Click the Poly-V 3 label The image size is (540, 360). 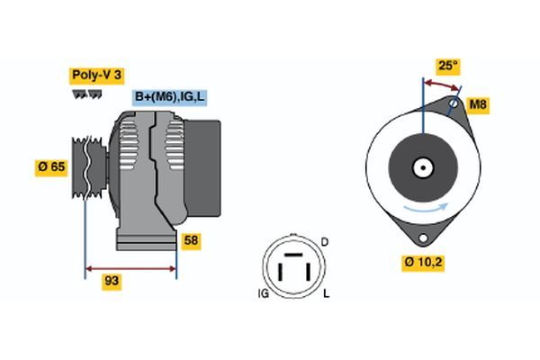(94, 76)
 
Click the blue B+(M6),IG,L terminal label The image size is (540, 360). (170, 96)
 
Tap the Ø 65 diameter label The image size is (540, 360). (51, 166)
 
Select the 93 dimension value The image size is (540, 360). (112, 282)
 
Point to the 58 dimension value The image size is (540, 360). (190, 241)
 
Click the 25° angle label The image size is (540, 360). (448, 66)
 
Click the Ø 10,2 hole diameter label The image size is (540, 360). (423, 263)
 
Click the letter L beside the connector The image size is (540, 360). (326, 294)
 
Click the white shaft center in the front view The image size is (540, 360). (422, 167)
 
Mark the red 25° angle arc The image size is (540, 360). (441, 84)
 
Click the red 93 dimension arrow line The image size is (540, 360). (130, 267)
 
